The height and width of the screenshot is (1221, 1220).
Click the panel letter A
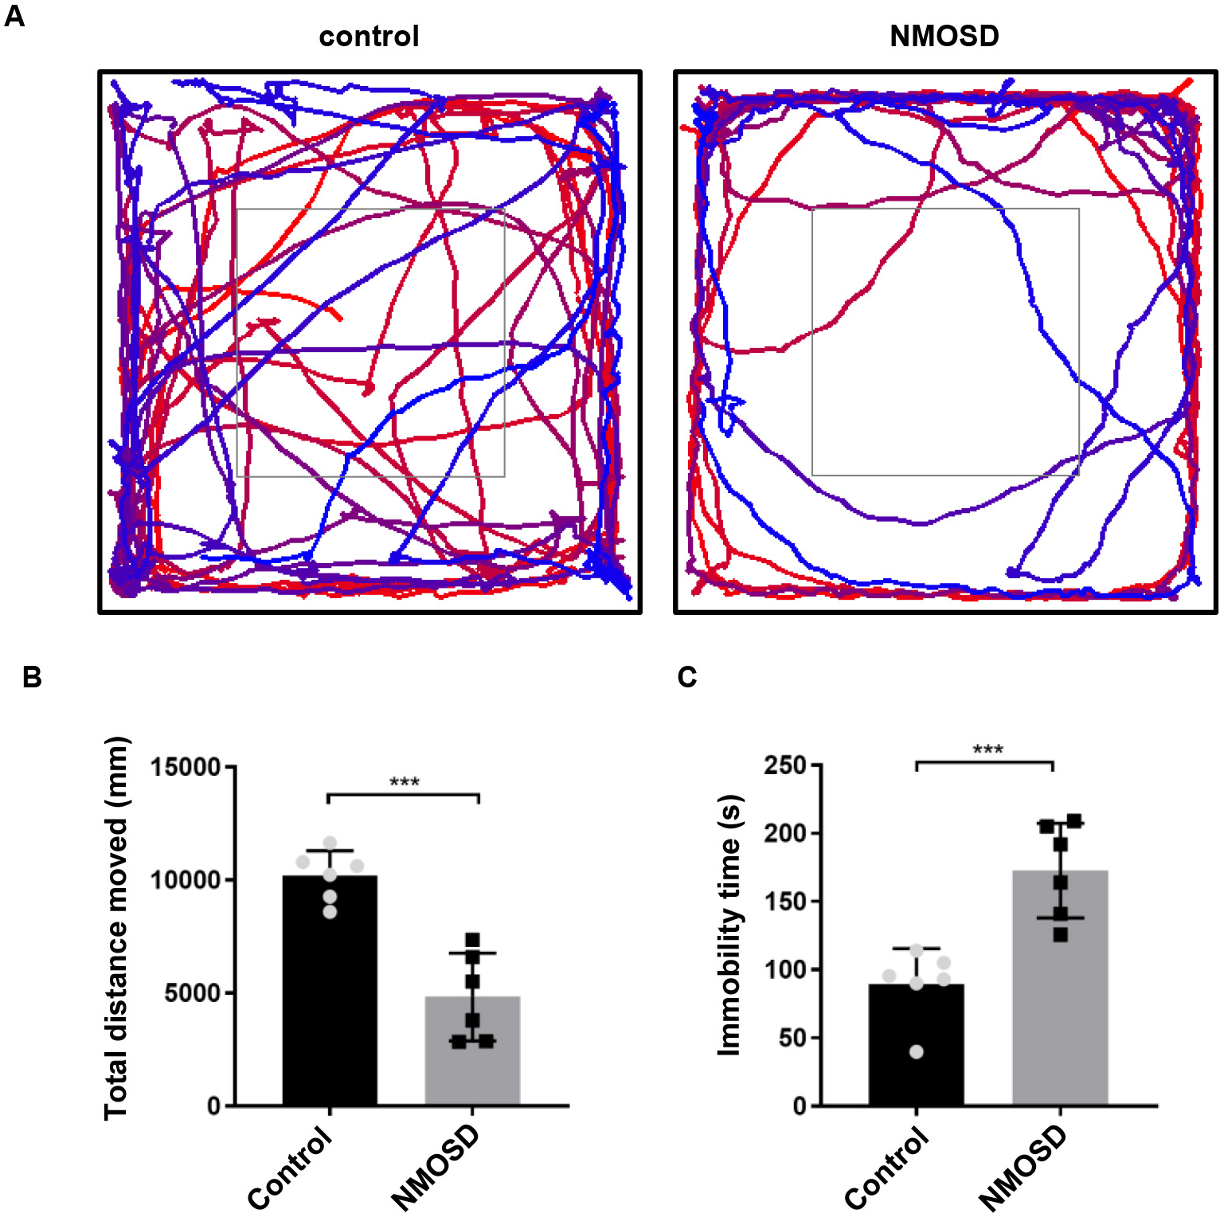click(14, 17)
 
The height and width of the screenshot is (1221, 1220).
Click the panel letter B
click(32, 677)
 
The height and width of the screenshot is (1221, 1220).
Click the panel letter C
click(686, 677)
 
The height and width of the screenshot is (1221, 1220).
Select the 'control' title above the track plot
click(369, 37)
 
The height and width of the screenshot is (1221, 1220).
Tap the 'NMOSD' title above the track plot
click(944, 37)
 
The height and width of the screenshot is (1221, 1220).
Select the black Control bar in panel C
click(916, 1051)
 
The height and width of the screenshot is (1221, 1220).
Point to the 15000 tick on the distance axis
click(186, 767)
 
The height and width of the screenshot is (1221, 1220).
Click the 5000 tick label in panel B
click(193, 993)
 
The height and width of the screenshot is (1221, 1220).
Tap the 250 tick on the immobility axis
click(785, 765)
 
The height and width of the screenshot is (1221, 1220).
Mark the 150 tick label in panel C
click(785, 902)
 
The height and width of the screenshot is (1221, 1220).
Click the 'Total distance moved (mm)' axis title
click(116, 928)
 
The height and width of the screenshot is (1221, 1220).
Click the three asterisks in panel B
click(405, 783)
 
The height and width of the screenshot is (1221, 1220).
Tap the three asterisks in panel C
click(987, 750)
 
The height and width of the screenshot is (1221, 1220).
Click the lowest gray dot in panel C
click(916, 1052)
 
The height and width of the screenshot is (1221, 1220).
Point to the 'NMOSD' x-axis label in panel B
click(436, 1168)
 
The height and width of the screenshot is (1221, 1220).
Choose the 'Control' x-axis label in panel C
click(887, 1169)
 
